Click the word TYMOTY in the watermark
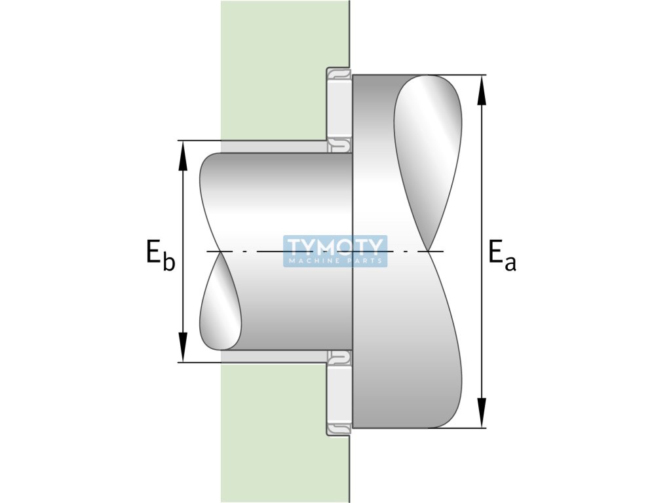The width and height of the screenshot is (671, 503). [335, 246]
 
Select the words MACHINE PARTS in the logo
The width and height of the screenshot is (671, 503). [335, 261]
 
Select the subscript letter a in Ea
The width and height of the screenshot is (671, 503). [510, 263]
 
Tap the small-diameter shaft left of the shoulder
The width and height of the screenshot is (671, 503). [288, 196]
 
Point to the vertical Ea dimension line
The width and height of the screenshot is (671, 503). [482, 196]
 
